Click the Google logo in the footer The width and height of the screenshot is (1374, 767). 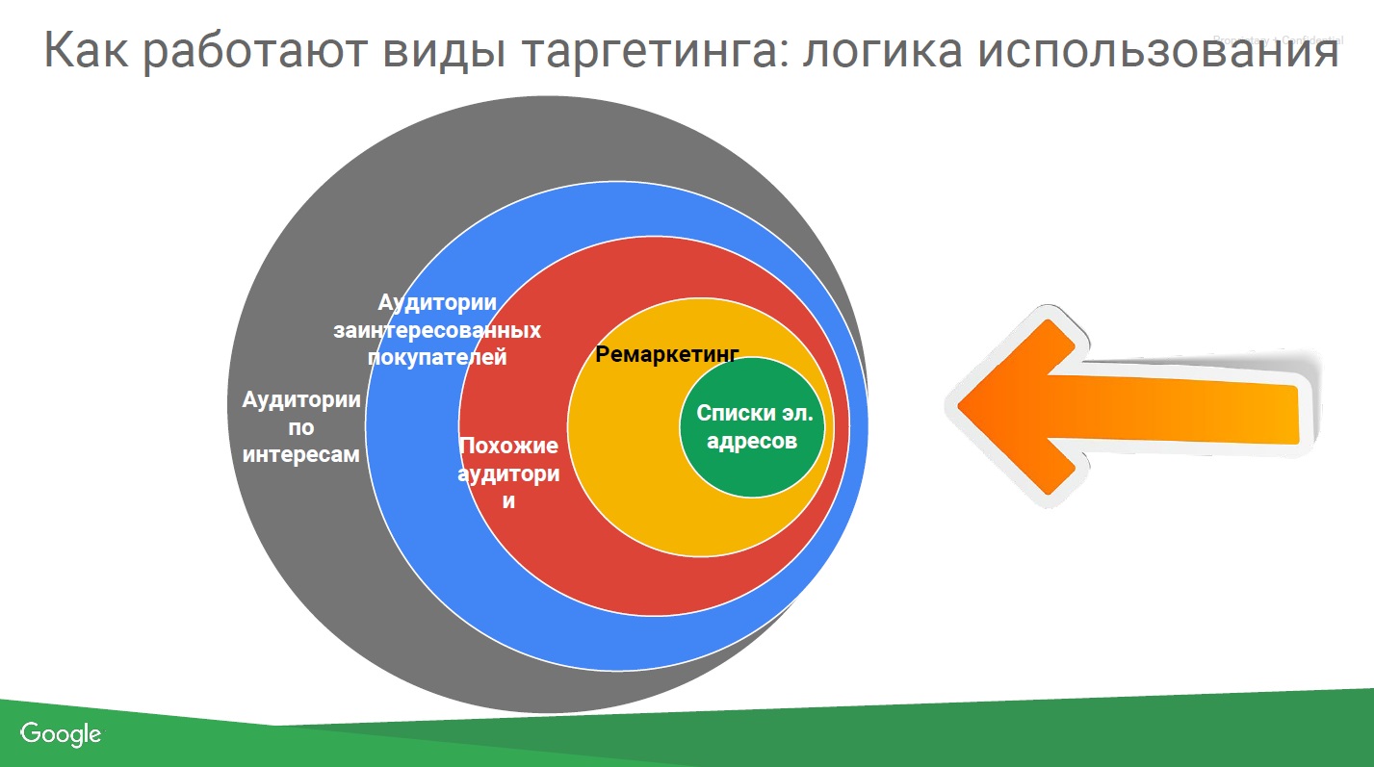[61, 734]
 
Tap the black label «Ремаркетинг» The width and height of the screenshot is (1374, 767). [667, 354]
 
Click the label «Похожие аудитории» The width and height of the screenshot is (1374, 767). [508, 473]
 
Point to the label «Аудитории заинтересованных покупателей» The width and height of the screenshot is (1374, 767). [437, 330]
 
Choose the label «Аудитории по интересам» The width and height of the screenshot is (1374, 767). [301, 427]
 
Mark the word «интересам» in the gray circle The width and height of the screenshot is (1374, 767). [301, 454]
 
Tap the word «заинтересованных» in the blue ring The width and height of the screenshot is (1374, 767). [437, 330]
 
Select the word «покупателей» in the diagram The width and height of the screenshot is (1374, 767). [437, 358]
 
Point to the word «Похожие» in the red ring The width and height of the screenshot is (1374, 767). [508, 446]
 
